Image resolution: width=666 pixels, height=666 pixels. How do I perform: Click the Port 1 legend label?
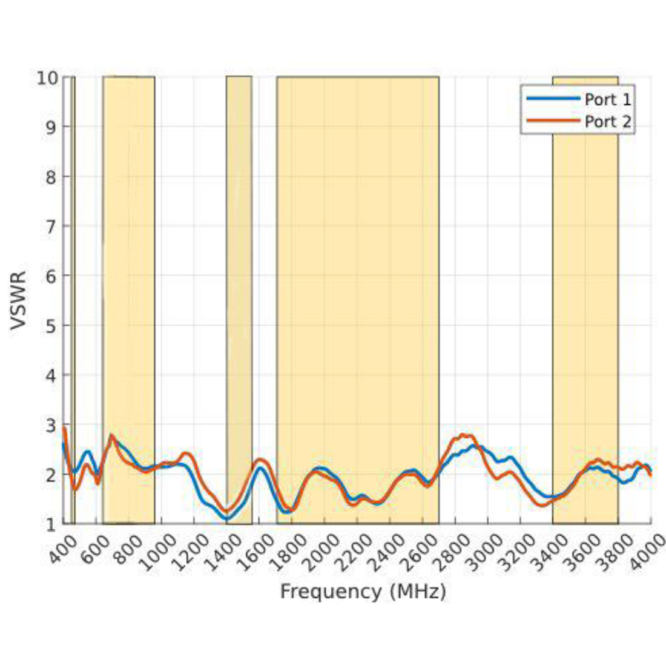pyautogui.click(x=607, y=99)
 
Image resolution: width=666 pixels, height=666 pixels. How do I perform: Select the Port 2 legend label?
pyautogui.click(x=607, y=122)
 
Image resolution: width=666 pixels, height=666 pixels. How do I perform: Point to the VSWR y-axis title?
pyautogui.click(x=19, y=301)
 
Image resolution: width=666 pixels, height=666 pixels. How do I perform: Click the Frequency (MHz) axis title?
pyautogui.click(x=363, y=591)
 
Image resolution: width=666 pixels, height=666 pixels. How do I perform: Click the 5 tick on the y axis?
pyautogui.click(x=51, y=326)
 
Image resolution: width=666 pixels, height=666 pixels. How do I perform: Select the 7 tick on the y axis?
pyautogui.click(x=51, y=226)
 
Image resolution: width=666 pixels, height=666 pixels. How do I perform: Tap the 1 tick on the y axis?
pyautogui.click(x=51, y=524)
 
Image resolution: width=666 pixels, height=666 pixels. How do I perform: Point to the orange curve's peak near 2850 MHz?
pyautogui.click(x=465, y=435)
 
